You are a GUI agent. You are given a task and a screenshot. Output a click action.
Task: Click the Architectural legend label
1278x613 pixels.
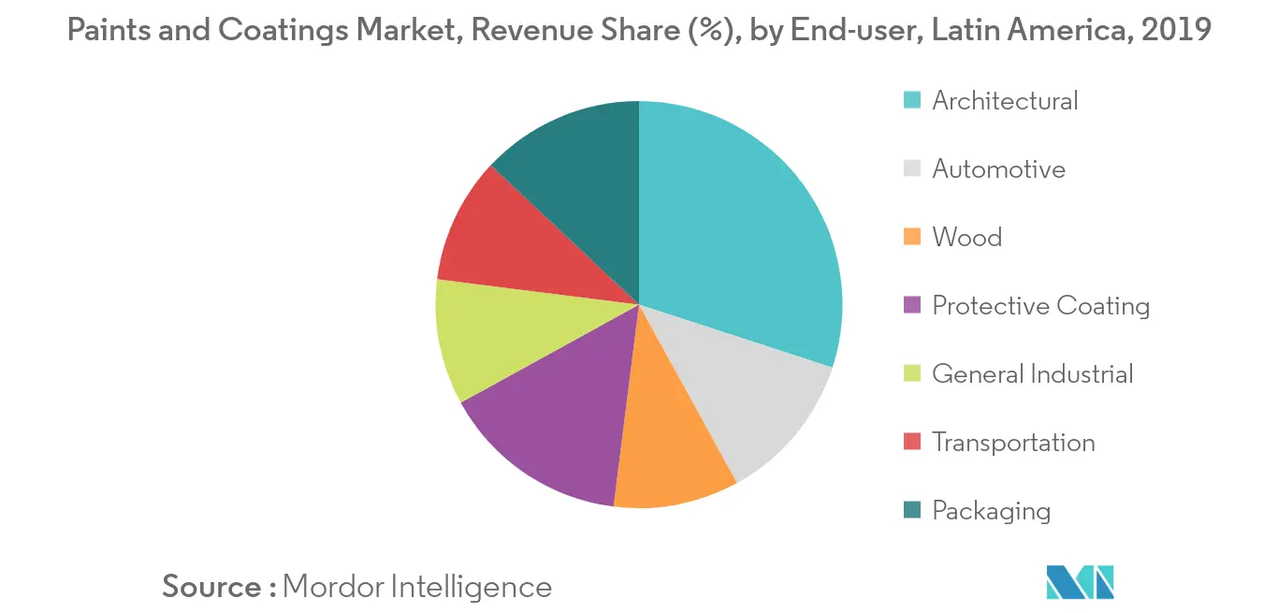(x=1005, y=101)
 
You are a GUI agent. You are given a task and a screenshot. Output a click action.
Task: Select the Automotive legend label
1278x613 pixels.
(x=998, y=169)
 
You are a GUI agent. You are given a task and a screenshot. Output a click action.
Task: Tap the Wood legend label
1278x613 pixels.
(x=966, y=238)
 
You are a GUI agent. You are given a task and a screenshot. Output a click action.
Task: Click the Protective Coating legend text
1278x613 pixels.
(x=1040, y=306)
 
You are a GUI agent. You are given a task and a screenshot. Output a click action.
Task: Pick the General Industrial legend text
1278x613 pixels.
(x=1032, y=374)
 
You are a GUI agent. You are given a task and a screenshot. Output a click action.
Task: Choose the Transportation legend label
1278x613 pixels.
(x=1013, y=443)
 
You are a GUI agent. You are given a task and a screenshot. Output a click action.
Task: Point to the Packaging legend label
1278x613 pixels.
(x=991, y=511)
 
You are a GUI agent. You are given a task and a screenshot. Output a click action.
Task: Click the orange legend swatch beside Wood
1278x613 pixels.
(x=912, y=238)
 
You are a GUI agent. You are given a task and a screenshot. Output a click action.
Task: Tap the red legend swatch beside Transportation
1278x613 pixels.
(x=912, y=443)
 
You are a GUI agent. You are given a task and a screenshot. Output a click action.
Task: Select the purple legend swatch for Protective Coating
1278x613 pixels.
(x=912, y=306)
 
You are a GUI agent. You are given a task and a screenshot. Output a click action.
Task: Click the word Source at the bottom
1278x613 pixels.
(x=212, y=587)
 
